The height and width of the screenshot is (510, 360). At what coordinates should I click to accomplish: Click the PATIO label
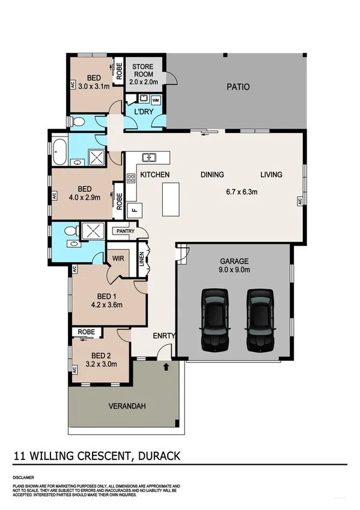238,87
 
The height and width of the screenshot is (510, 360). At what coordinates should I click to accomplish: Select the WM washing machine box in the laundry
156,99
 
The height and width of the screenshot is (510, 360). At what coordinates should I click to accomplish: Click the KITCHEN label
155,175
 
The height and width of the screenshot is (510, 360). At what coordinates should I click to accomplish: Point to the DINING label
212,175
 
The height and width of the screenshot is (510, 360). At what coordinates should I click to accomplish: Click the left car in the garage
214,319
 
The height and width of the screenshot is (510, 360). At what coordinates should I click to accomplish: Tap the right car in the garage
260,319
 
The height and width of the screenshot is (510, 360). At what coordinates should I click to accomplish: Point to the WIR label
118,259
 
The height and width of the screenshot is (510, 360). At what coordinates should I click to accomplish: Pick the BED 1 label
109,295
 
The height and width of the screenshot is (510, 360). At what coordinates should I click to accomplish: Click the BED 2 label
101,355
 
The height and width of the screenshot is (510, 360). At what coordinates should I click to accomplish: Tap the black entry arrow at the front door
166,364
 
